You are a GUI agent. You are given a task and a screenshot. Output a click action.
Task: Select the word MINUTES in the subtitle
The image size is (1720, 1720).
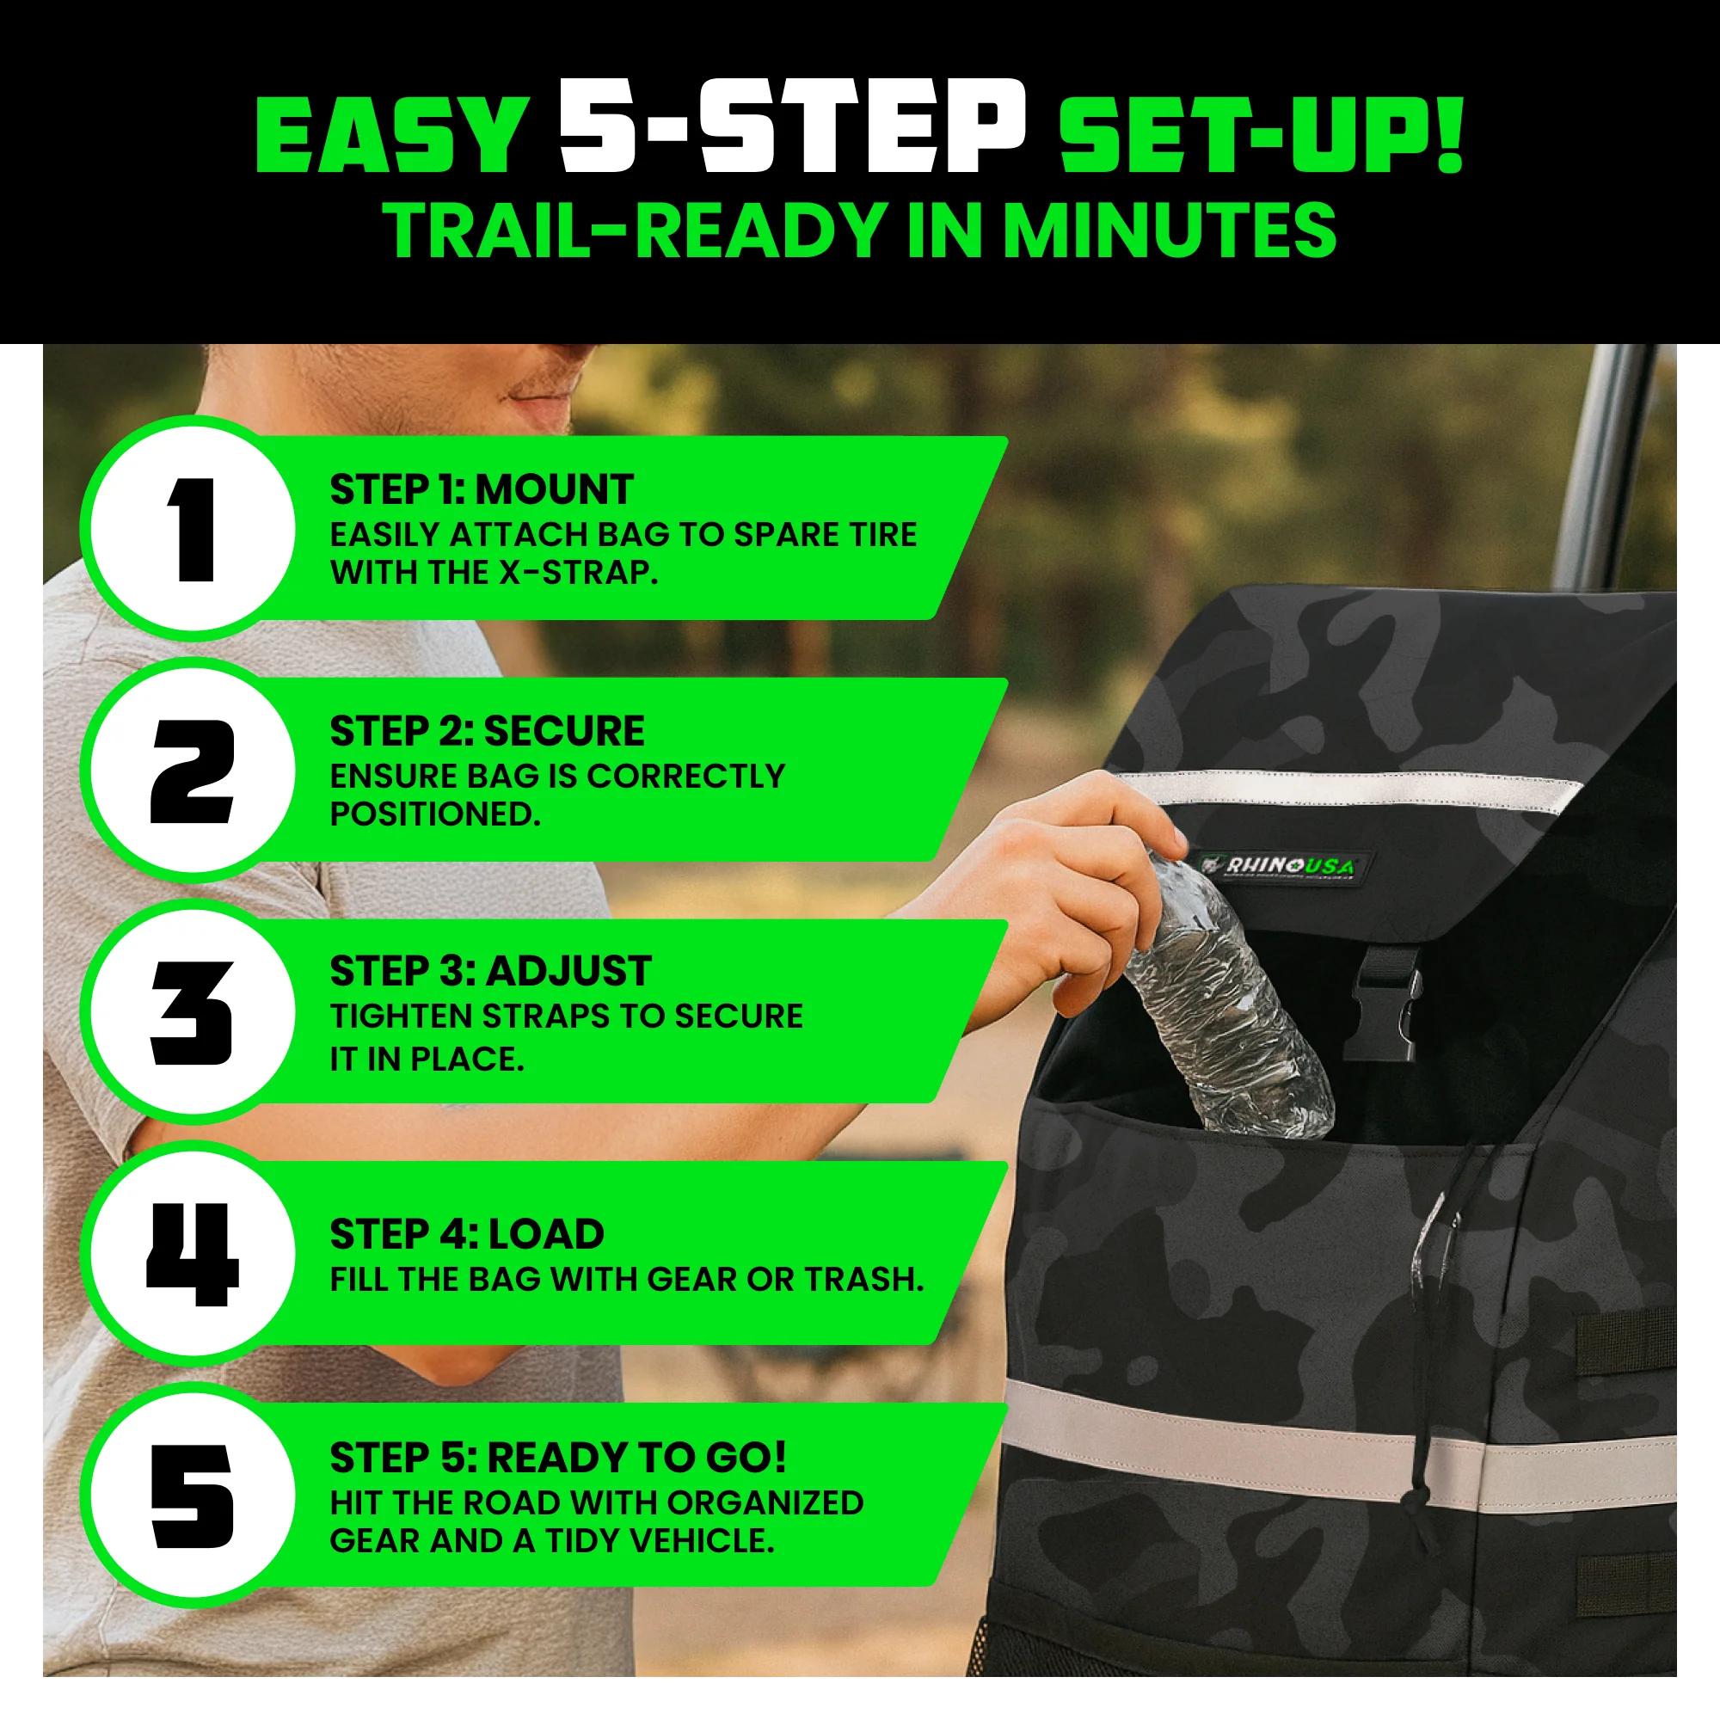click(1169, 230)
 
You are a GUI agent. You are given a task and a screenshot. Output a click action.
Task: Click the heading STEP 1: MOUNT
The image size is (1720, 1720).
click(481, 489)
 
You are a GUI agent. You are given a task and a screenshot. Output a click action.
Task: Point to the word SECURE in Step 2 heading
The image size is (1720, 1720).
click(564, 731)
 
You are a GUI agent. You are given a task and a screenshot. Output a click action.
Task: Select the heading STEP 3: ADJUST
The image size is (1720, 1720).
click(490, 971)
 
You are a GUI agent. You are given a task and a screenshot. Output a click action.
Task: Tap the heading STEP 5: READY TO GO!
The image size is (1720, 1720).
click(558, 1459)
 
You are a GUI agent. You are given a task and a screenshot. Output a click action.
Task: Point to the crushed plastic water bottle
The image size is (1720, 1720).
click(1229, 1010)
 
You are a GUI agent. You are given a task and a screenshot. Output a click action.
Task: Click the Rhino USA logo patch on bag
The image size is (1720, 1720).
click(1282, 866)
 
